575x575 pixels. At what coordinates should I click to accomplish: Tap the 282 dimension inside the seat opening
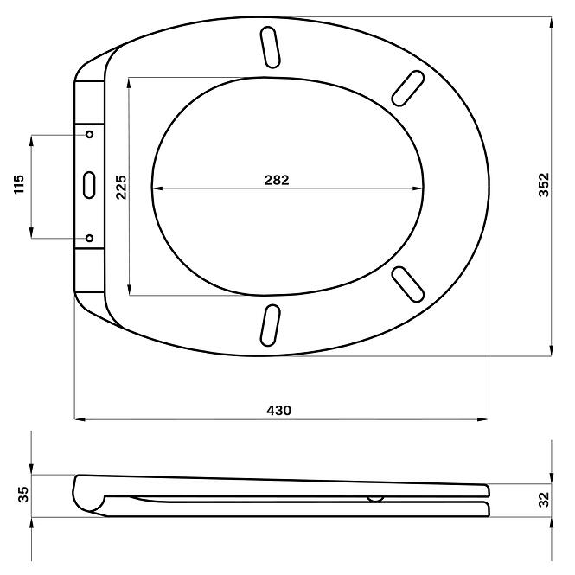click(277, 180)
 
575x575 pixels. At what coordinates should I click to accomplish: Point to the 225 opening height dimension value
click(121, 186)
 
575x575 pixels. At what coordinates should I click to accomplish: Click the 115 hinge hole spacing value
click(20, 186)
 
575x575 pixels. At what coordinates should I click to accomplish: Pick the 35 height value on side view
click(23, 495)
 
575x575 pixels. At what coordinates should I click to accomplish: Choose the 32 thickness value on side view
click(543, 499)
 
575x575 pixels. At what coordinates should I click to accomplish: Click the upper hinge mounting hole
click(90, 134)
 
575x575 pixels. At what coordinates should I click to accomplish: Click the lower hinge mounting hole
click(90, 239)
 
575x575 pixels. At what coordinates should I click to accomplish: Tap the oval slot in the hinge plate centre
click(90, 183)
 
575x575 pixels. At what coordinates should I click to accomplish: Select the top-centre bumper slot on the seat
click(271, 46)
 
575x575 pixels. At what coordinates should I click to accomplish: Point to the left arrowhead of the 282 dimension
click(156, 188)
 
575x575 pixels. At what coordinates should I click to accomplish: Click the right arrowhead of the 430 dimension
click(482, 420)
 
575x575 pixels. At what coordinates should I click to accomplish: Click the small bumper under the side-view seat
click(374, 499)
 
